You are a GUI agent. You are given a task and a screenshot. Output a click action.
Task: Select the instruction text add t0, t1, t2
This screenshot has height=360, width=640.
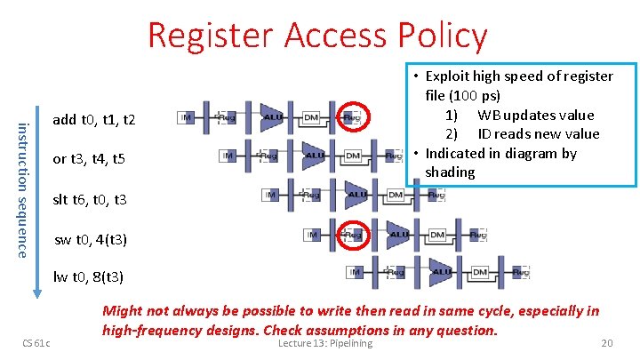pos(94,119)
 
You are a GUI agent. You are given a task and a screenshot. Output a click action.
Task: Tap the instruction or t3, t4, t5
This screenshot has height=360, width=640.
pos(89,159)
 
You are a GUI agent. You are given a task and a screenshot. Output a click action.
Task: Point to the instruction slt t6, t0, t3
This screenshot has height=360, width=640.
pos(90,200)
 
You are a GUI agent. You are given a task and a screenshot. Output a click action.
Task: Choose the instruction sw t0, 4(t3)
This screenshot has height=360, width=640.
pos(91,240)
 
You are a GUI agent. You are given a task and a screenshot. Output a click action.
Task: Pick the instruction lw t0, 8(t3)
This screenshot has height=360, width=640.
pos(89,276)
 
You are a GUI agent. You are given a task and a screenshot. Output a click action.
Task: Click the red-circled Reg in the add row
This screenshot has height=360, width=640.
pos(352,116)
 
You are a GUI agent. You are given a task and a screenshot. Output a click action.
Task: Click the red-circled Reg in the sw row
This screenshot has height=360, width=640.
pos(353,235)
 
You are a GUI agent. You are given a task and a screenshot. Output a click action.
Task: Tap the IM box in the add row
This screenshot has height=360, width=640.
pos(187,116)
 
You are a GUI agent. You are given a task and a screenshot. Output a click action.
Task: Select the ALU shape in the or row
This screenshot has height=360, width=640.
pos(314,156)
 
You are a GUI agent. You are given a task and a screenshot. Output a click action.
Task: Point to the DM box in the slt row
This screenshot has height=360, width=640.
pos(396,195)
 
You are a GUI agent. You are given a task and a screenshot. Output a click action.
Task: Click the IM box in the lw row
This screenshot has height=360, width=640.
pos(355,272)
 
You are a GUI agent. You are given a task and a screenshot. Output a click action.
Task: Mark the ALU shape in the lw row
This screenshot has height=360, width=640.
pos(441,272)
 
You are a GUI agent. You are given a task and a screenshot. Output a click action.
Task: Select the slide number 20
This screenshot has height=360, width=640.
pos(607,344)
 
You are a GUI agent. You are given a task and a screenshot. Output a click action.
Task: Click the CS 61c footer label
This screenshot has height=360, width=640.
pos(36,344)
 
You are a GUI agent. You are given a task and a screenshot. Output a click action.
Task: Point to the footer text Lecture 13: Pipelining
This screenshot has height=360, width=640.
pos(325,344)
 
